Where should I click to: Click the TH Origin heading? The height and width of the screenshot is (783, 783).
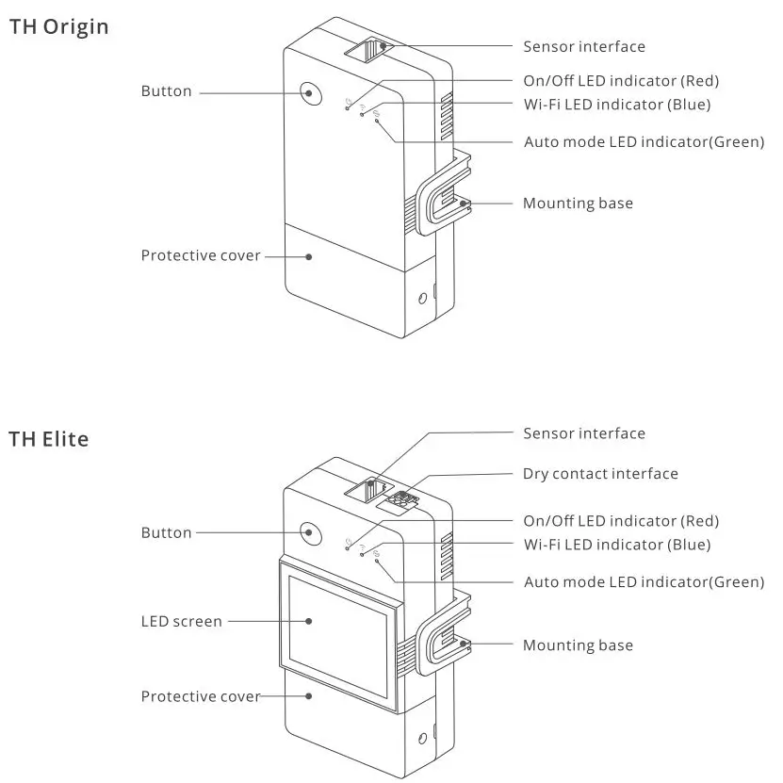point(58,26)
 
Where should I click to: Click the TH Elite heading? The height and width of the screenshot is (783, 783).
point(49,439)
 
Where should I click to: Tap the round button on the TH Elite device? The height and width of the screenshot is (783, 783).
point(309,532)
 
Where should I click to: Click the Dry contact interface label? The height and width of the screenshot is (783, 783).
point(600,473)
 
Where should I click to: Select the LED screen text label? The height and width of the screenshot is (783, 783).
point(182,621)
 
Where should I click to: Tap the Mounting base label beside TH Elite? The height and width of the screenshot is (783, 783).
point(578,645)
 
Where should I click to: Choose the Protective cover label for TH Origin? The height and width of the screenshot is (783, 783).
point(201,255)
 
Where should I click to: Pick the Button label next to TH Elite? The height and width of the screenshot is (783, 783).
point(166,532)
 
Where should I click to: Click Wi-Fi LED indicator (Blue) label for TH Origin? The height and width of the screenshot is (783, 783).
point(616,105)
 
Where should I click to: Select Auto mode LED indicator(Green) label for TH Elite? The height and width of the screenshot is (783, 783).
point(644,582)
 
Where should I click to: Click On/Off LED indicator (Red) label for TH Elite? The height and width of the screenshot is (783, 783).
point(621,521)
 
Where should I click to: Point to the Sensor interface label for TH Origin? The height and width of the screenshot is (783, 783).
point(584,46)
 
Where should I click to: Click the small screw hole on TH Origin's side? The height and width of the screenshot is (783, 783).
point(422,299)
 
